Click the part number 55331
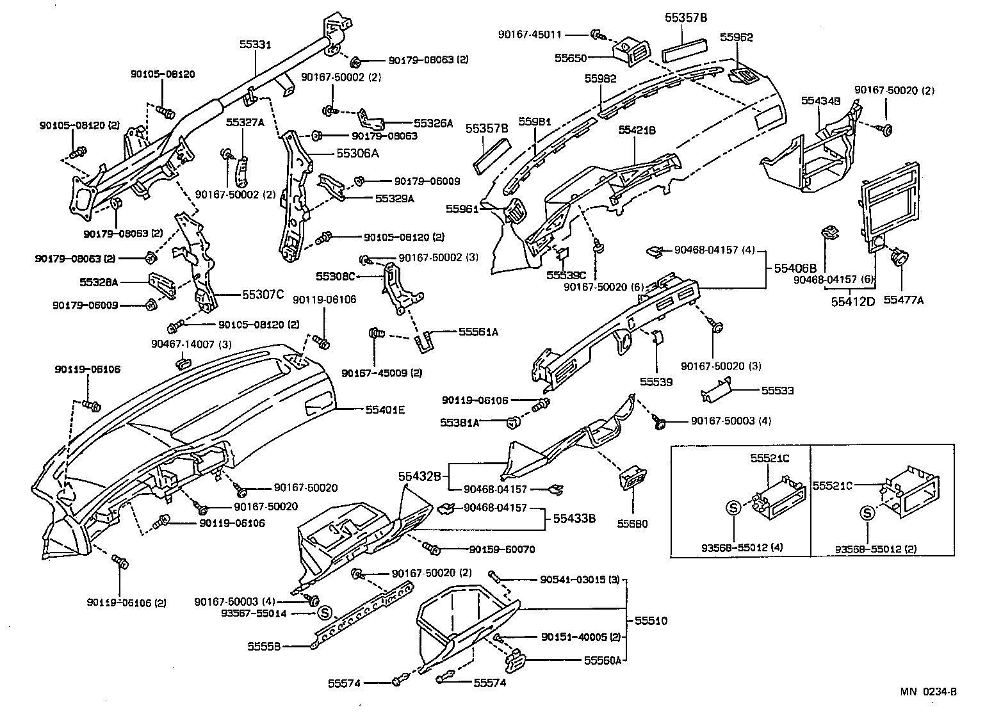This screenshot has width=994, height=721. [x=256, y=44]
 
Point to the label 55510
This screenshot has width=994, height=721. [x=651, y=620]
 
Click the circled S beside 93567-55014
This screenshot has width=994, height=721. [x=324, y=613]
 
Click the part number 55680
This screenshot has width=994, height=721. [x=632, y=523]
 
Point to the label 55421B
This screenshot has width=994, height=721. [x=637, y=130]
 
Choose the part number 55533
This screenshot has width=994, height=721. [x=778, y=389]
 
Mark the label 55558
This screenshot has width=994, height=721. [x=264, y=646]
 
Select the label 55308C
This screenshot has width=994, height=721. [x=335, y=276]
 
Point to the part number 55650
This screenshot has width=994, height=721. [x=570, y=58]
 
